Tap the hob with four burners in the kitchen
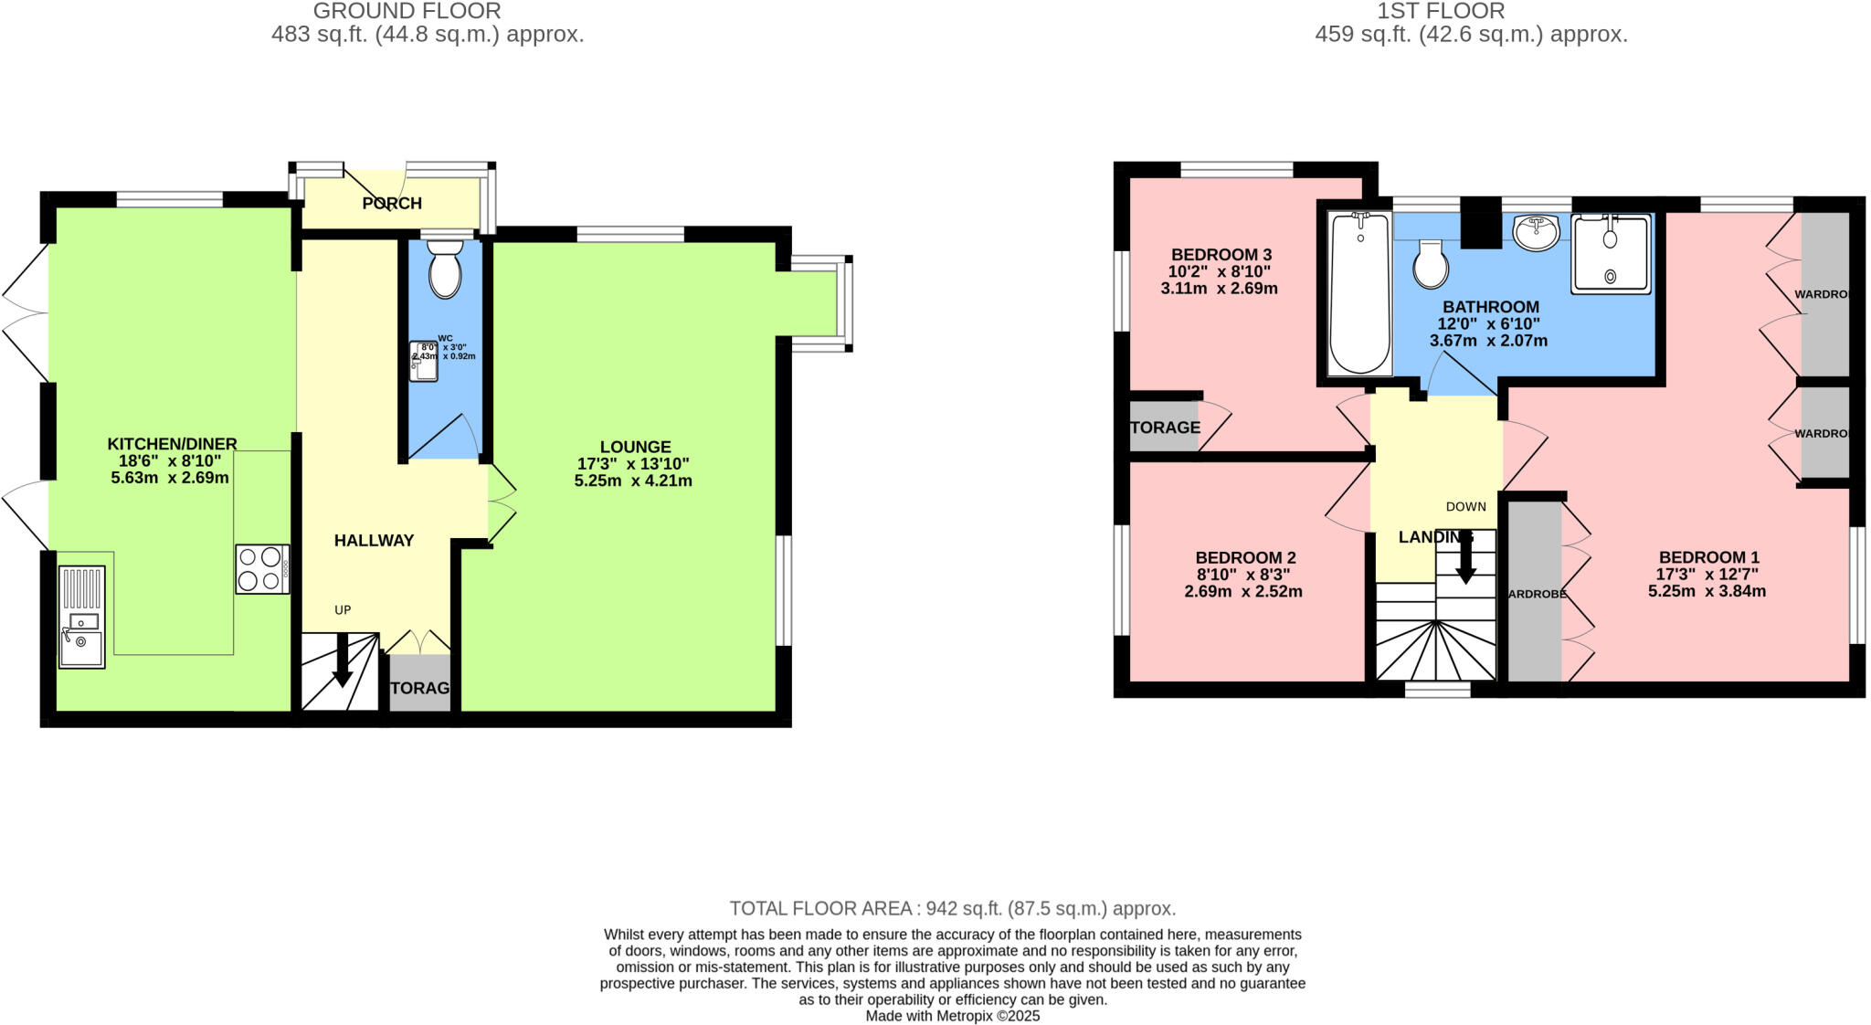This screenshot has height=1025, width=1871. point(262,569)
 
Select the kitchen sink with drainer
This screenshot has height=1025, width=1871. point(82,618)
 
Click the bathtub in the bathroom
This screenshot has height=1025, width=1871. point(1360,292)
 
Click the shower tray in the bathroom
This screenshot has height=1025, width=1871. point(1611,254)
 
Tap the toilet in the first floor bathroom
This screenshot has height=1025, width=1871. point(1430,265)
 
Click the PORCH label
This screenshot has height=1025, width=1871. point(392,203)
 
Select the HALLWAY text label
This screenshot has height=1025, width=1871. point(374,540)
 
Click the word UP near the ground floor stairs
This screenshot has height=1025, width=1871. point(343,610)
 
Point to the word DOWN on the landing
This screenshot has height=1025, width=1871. point(1465,506)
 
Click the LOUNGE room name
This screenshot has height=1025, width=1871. point(635,447)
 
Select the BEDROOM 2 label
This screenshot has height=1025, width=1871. point(1245,557)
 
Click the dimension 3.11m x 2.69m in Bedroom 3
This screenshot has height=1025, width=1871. point(1219,289)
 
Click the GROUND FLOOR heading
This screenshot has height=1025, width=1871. point(407,11)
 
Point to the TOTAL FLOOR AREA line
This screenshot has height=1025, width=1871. point(952,908)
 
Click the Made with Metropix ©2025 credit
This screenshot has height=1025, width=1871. point(952,1016)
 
